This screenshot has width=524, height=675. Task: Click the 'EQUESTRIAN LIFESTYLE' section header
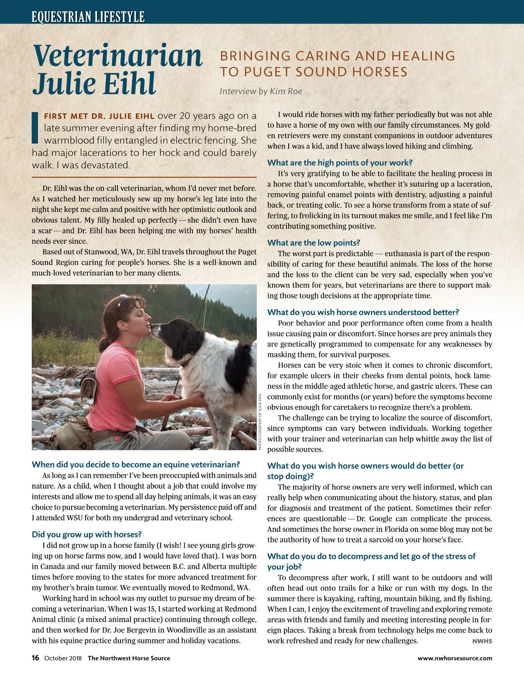[88, 17]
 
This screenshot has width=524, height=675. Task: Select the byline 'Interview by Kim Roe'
[261, 91]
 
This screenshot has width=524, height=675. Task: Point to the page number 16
[35, 658]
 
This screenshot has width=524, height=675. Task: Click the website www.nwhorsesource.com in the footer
[455, 658]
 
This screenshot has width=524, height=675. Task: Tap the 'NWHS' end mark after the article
[482, 641]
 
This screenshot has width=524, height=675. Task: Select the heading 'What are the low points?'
[314, 243]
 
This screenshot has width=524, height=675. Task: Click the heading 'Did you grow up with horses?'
[86, 534]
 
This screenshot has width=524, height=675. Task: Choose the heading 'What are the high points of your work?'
[340, 163]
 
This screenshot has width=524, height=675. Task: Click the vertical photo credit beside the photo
[260, 422]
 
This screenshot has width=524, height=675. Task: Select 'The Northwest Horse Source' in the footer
[129, 658]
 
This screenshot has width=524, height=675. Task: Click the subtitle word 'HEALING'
[423, 56]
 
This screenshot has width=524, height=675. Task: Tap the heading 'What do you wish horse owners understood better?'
[363, 312]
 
